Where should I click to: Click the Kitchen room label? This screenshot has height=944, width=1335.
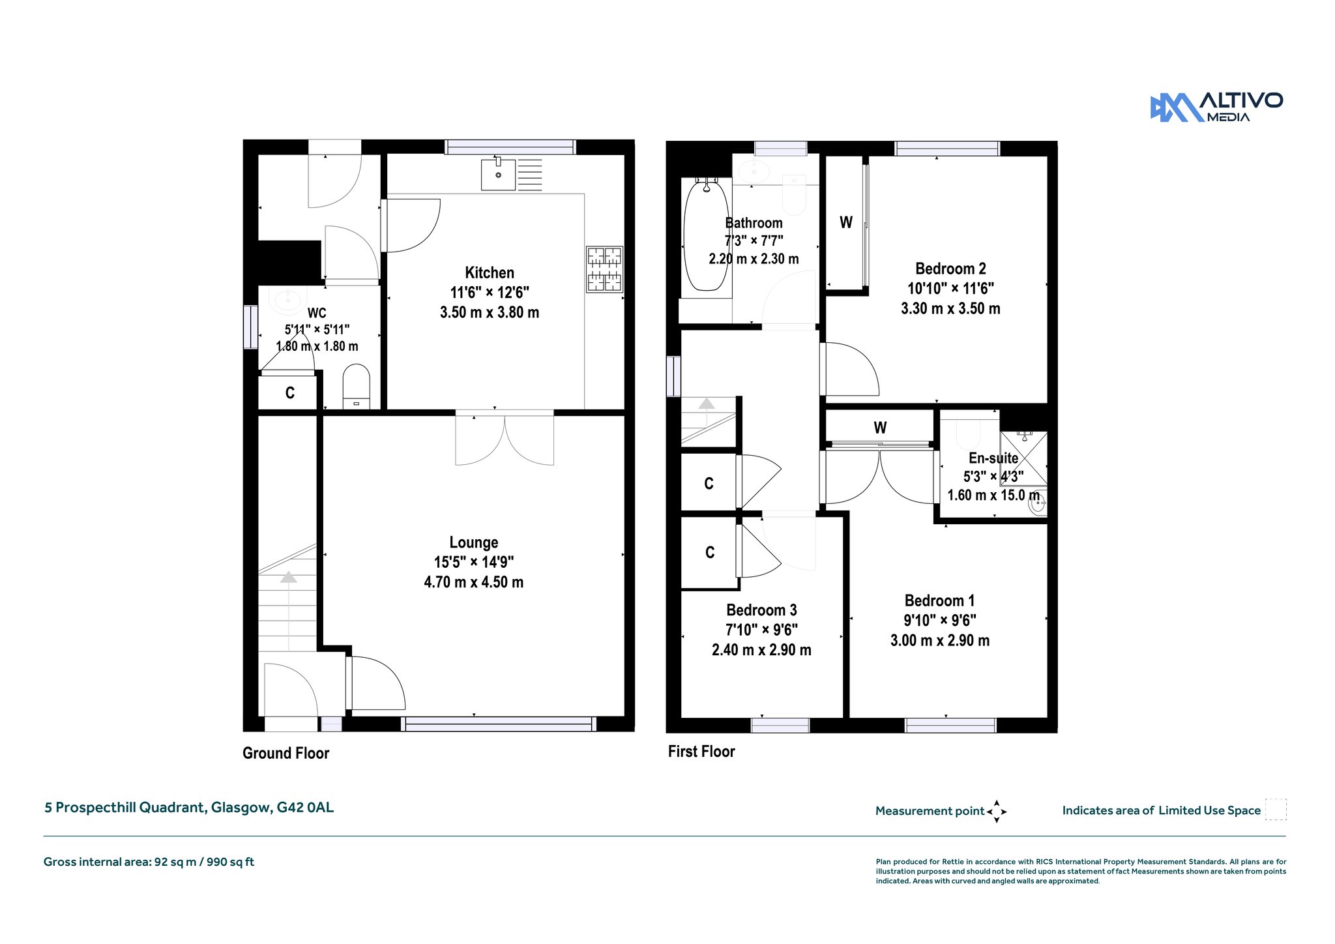pos(490,273)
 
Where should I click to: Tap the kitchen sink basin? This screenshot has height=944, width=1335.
pos(498,175)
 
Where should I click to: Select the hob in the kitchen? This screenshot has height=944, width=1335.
pos(604,269)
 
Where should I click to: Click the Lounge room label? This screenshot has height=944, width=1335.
pos(474,542)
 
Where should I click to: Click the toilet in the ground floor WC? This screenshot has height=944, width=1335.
pos(356,387)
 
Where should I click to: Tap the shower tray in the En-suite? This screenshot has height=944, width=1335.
pos(1023,459)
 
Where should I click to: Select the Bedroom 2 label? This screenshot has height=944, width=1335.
pos(950,269)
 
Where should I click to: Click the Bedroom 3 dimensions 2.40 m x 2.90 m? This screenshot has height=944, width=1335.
pos(761,650)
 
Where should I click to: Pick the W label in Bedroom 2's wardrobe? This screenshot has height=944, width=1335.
pos(846,222)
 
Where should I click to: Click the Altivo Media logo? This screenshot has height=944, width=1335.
pos(1216,108)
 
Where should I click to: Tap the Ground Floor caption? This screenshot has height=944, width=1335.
pos(286,753)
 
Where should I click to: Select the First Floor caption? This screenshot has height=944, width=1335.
pos(701,751)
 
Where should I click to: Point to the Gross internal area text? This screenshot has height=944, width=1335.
pos(149,862)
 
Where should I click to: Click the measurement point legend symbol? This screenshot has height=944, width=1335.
pos(997,812)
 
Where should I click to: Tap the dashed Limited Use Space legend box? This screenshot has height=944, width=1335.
pos(1276,810)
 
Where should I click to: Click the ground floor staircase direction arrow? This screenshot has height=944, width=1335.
pos(288,577)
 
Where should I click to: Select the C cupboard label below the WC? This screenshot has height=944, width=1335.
pos(290,393)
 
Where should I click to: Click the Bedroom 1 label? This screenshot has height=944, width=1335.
pos(939,600)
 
